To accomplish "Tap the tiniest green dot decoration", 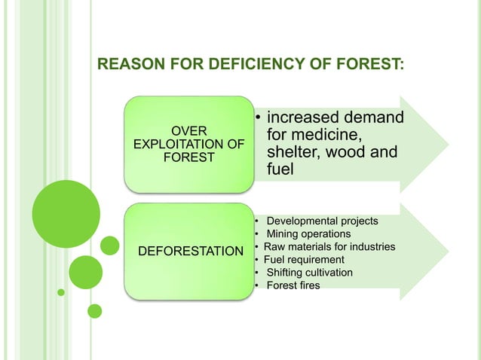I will [x=62, y=292].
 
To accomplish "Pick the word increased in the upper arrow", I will [x=302, y=119].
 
